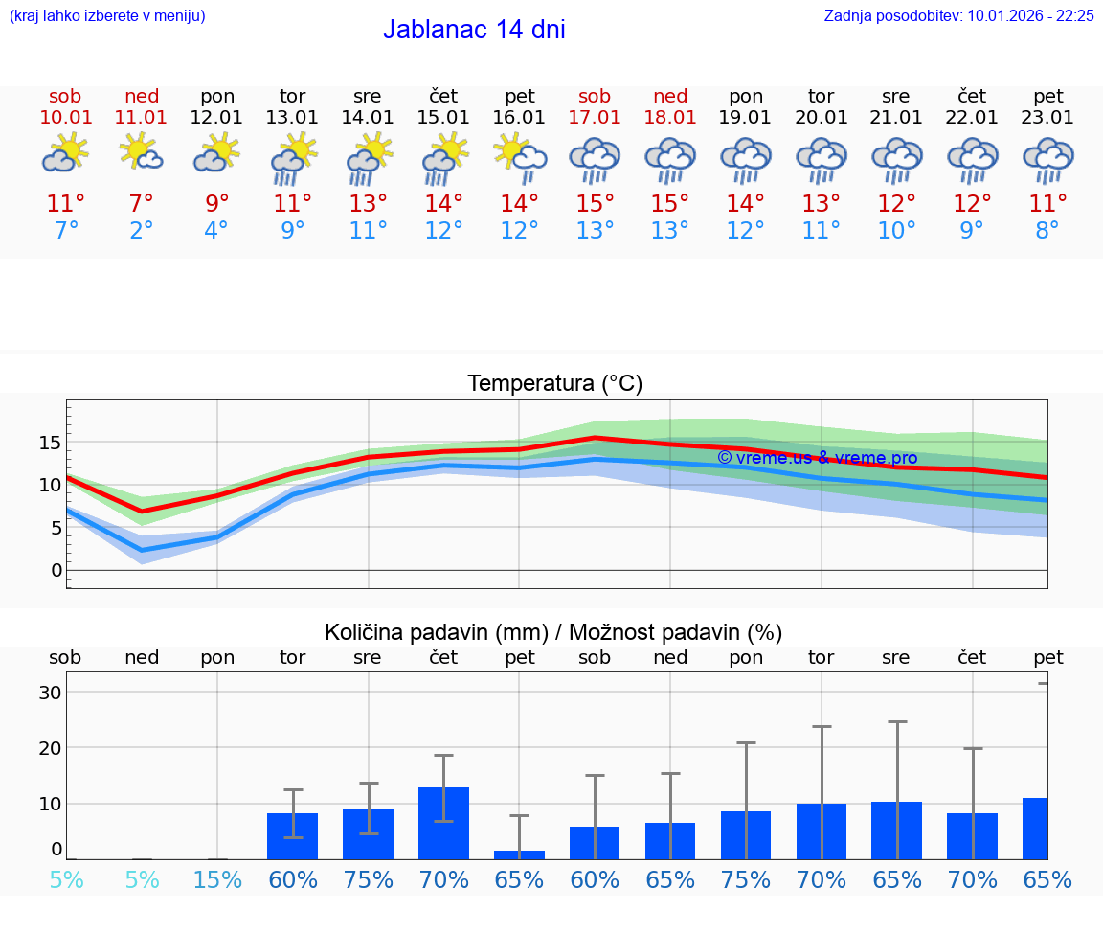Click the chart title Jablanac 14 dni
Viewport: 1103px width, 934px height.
(x=474, y=30)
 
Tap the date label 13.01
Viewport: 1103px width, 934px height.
(x=292, y=118)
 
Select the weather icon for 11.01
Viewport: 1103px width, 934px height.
(x=141, y=153)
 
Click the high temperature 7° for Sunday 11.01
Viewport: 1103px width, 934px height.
(x=141, y=204)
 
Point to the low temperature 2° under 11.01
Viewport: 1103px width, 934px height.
(x=141, y=231)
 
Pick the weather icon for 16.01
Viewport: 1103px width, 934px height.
(x=519, y=155)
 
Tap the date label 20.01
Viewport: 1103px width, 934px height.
(x=821, y=118)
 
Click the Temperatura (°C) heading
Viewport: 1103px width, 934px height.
(x=554, y=384)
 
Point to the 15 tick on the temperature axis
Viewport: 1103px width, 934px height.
(x=50, y=443)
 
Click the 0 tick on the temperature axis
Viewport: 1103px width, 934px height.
(x=56, y=570)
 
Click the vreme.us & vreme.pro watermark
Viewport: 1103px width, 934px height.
(x=817, y=458)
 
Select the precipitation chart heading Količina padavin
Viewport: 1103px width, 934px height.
(x=553, y=632)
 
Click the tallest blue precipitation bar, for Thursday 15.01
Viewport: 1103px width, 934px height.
(x=443, y=823)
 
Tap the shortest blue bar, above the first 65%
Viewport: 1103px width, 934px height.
(x=519, y=854)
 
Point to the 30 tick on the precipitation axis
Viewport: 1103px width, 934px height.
(x=50, y=692)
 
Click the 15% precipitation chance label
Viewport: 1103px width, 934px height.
(x=217, y=879)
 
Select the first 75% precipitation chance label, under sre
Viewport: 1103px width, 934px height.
(x=368, y=879)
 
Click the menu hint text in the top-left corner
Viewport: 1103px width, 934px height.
(x=107, y=15)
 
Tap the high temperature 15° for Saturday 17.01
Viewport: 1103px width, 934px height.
(x=595, y=204)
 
